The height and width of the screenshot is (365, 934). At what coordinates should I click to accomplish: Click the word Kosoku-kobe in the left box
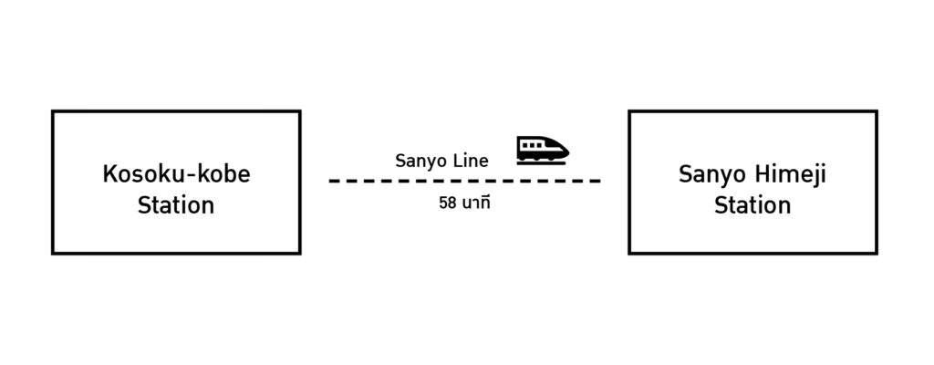pos(175,174)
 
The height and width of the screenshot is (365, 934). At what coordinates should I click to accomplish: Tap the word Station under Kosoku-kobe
pos(175,204)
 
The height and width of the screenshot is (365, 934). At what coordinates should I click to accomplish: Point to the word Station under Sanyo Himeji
pos(752,204)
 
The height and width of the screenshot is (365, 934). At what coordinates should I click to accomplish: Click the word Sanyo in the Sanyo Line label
pos(419,161)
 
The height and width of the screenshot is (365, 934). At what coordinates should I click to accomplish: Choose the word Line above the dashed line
pos(468,161)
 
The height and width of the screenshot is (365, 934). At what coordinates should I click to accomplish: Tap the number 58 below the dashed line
pos(448,203)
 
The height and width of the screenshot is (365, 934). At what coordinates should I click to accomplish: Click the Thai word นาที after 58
pos(477,203)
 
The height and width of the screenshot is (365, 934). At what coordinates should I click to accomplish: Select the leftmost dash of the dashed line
pos(334,181)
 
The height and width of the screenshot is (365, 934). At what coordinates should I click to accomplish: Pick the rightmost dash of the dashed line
pos(595,181)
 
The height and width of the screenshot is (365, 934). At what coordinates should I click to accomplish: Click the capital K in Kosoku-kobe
pos(109,174)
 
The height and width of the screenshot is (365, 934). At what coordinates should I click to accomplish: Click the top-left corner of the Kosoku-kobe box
pos(53,111)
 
